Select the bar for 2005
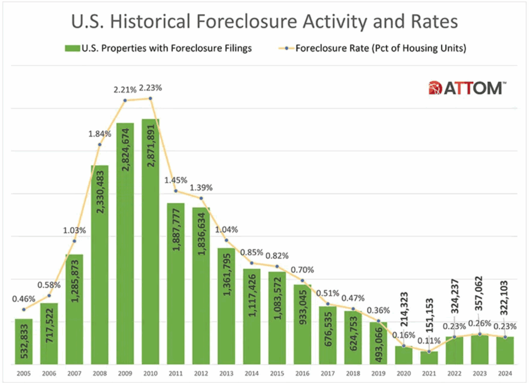click(x=24, y=342)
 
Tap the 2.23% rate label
click(x=150, y=87)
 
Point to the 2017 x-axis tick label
click(x=328, y=372)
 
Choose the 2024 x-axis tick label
click(x=505, y=372)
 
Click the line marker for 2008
click(x=100, y=144)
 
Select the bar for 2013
click(x=226, y=305)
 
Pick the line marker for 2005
click(x=24, y=310)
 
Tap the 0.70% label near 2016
click(x=302, y=270)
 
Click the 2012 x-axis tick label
click(x=201, y=372)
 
